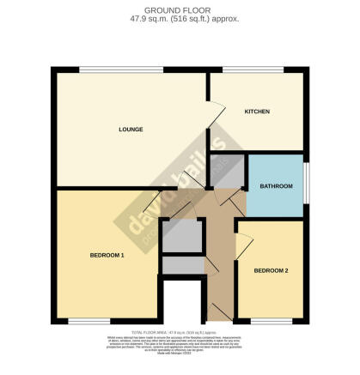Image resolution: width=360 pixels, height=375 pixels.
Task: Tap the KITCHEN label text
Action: click(257, 112)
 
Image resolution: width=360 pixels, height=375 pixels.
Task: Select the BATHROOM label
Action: click(276, 186)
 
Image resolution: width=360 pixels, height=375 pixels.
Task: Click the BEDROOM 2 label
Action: click(271, 271)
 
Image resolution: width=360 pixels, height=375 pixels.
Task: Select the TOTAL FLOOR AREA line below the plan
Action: click(180, 331)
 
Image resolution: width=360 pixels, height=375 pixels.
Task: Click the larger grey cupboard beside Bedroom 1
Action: click(182, 237)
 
